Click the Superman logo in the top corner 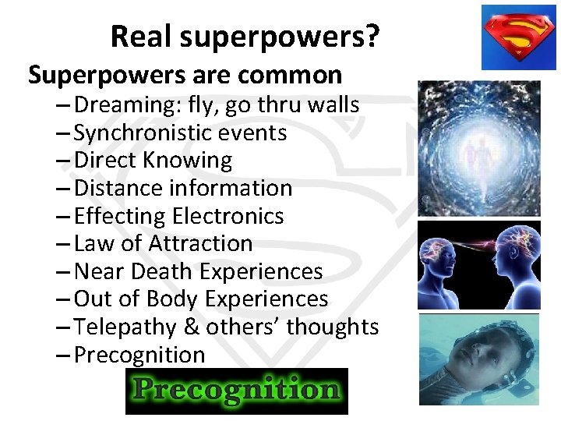pyautogui.click(x=518, y=37)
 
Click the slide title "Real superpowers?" pyautogui.click(x=245, y=37)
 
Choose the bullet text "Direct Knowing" pyautogui.click(x=153, y=161)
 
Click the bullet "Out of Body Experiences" pyautogui.click(x=201, y=299)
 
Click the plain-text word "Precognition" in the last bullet pyautogui.click(x=139, y=355)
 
